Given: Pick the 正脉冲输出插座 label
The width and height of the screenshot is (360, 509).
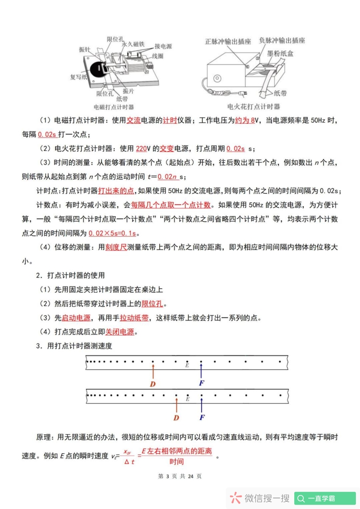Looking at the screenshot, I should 228,41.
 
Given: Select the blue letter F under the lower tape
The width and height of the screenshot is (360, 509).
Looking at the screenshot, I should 202,417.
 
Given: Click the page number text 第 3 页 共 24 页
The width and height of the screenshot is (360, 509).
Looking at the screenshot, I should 180,476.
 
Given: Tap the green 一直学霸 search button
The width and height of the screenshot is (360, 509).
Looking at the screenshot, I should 325,498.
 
